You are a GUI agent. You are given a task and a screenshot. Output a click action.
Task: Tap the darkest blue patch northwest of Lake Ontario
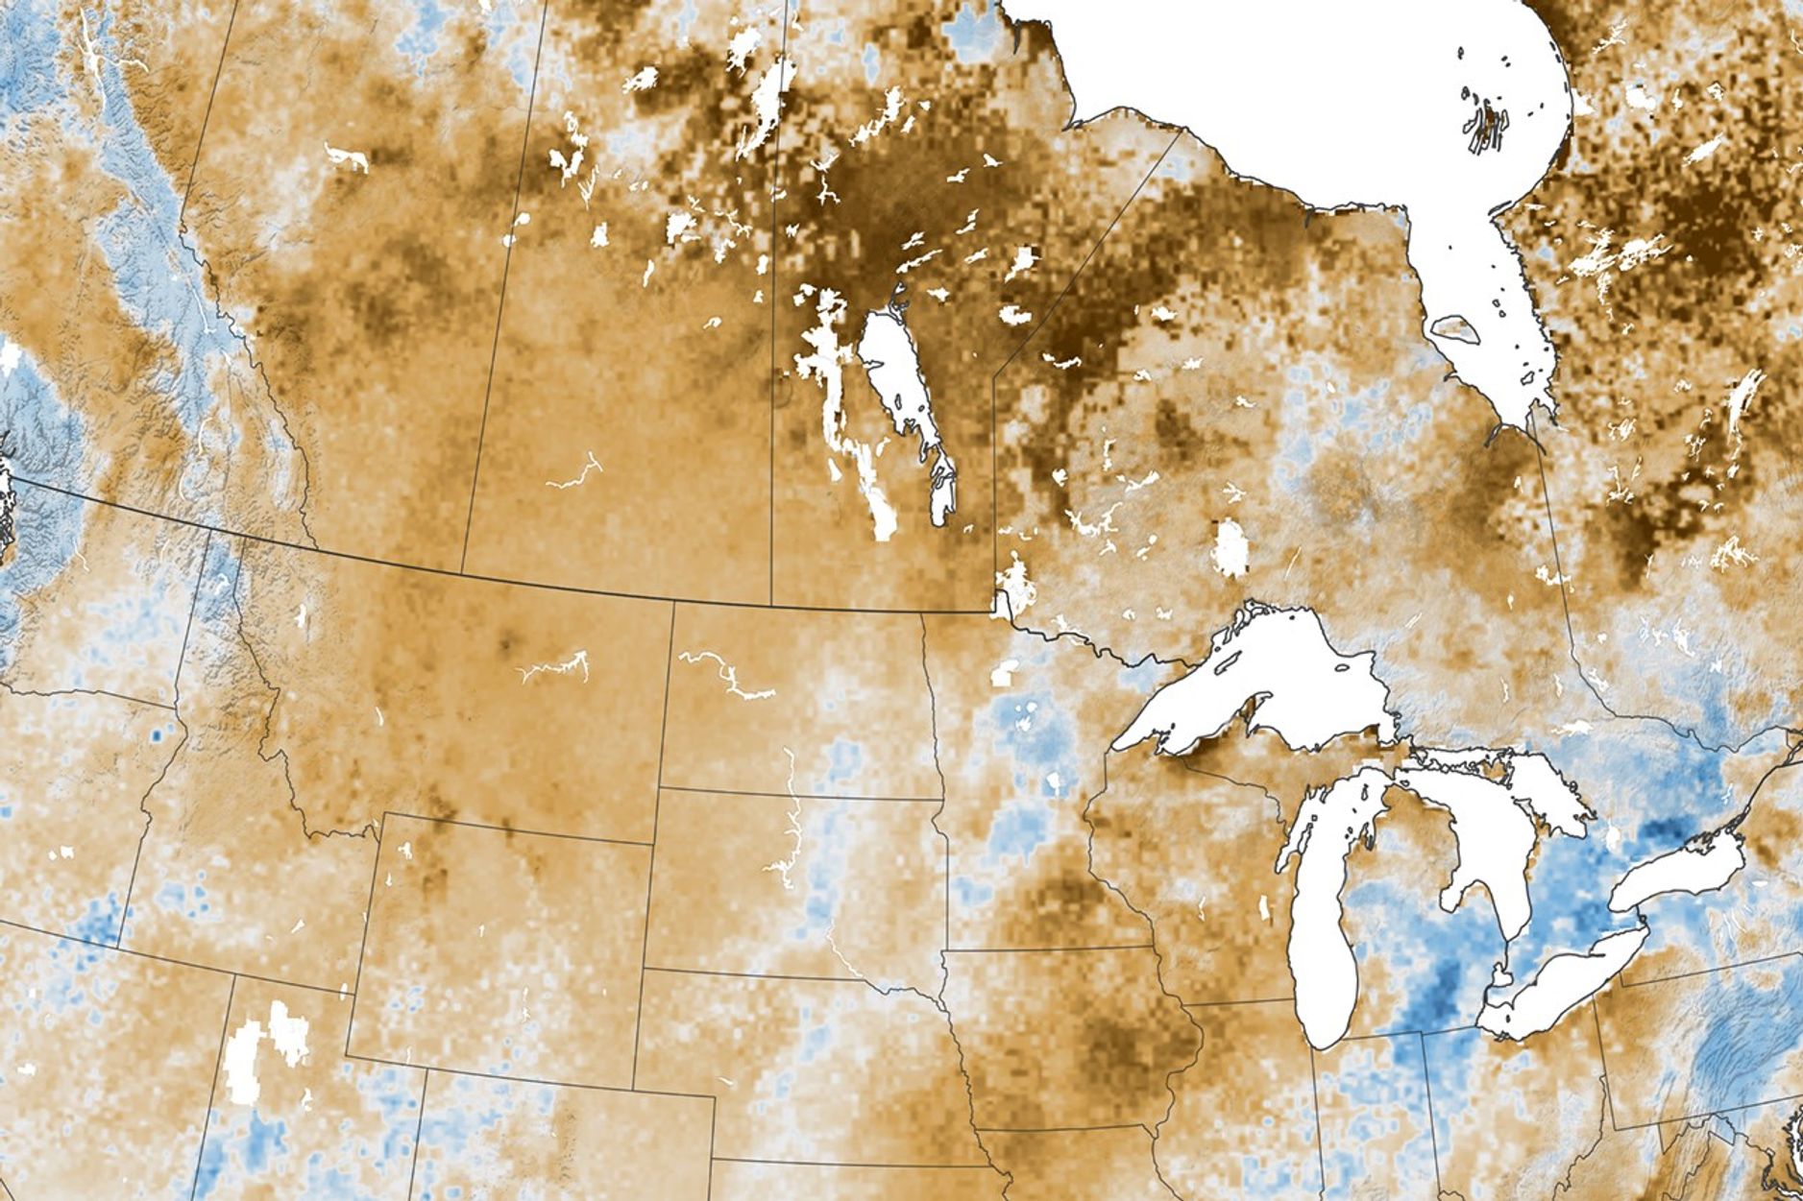(1662, 830)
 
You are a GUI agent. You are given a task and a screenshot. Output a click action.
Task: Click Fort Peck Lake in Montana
(552, 666)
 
